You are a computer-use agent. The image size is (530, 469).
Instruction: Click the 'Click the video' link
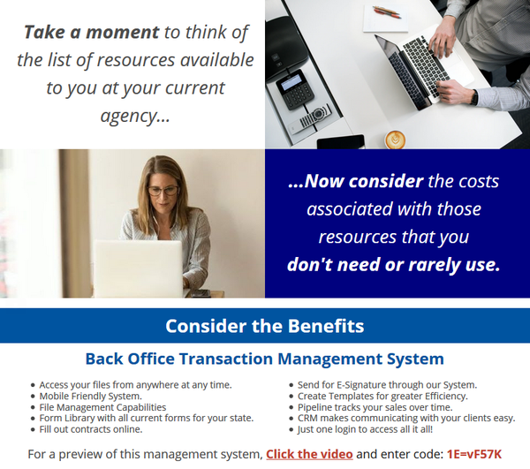tap(309, 454)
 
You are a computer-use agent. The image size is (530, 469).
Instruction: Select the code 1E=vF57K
tap(474, 454)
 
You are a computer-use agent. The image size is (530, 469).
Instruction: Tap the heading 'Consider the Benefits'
tap(265, 326)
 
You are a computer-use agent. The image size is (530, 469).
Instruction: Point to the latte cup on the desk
tap(395, 140)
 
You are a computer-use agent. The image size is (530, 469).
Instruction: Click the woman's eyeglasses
tap(163, 191)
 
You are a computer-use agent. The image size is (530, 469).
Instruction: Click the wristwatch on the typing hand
tap(475, 97)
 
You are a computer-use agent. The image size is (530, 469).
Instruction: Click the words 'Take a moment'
tap(91, 32)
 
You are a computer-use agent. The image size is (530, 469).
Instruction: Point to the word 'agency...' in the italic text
tap(135, 116)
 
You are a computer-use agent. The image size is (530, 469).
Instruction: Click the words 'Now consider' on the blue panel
tap(356, 181)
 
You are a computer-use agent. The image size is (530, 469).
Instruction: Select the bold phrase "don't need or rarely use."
tap(393, 264)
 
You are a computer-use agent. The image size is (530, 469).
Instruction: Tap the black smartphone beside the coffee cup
tap(341, 141)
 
